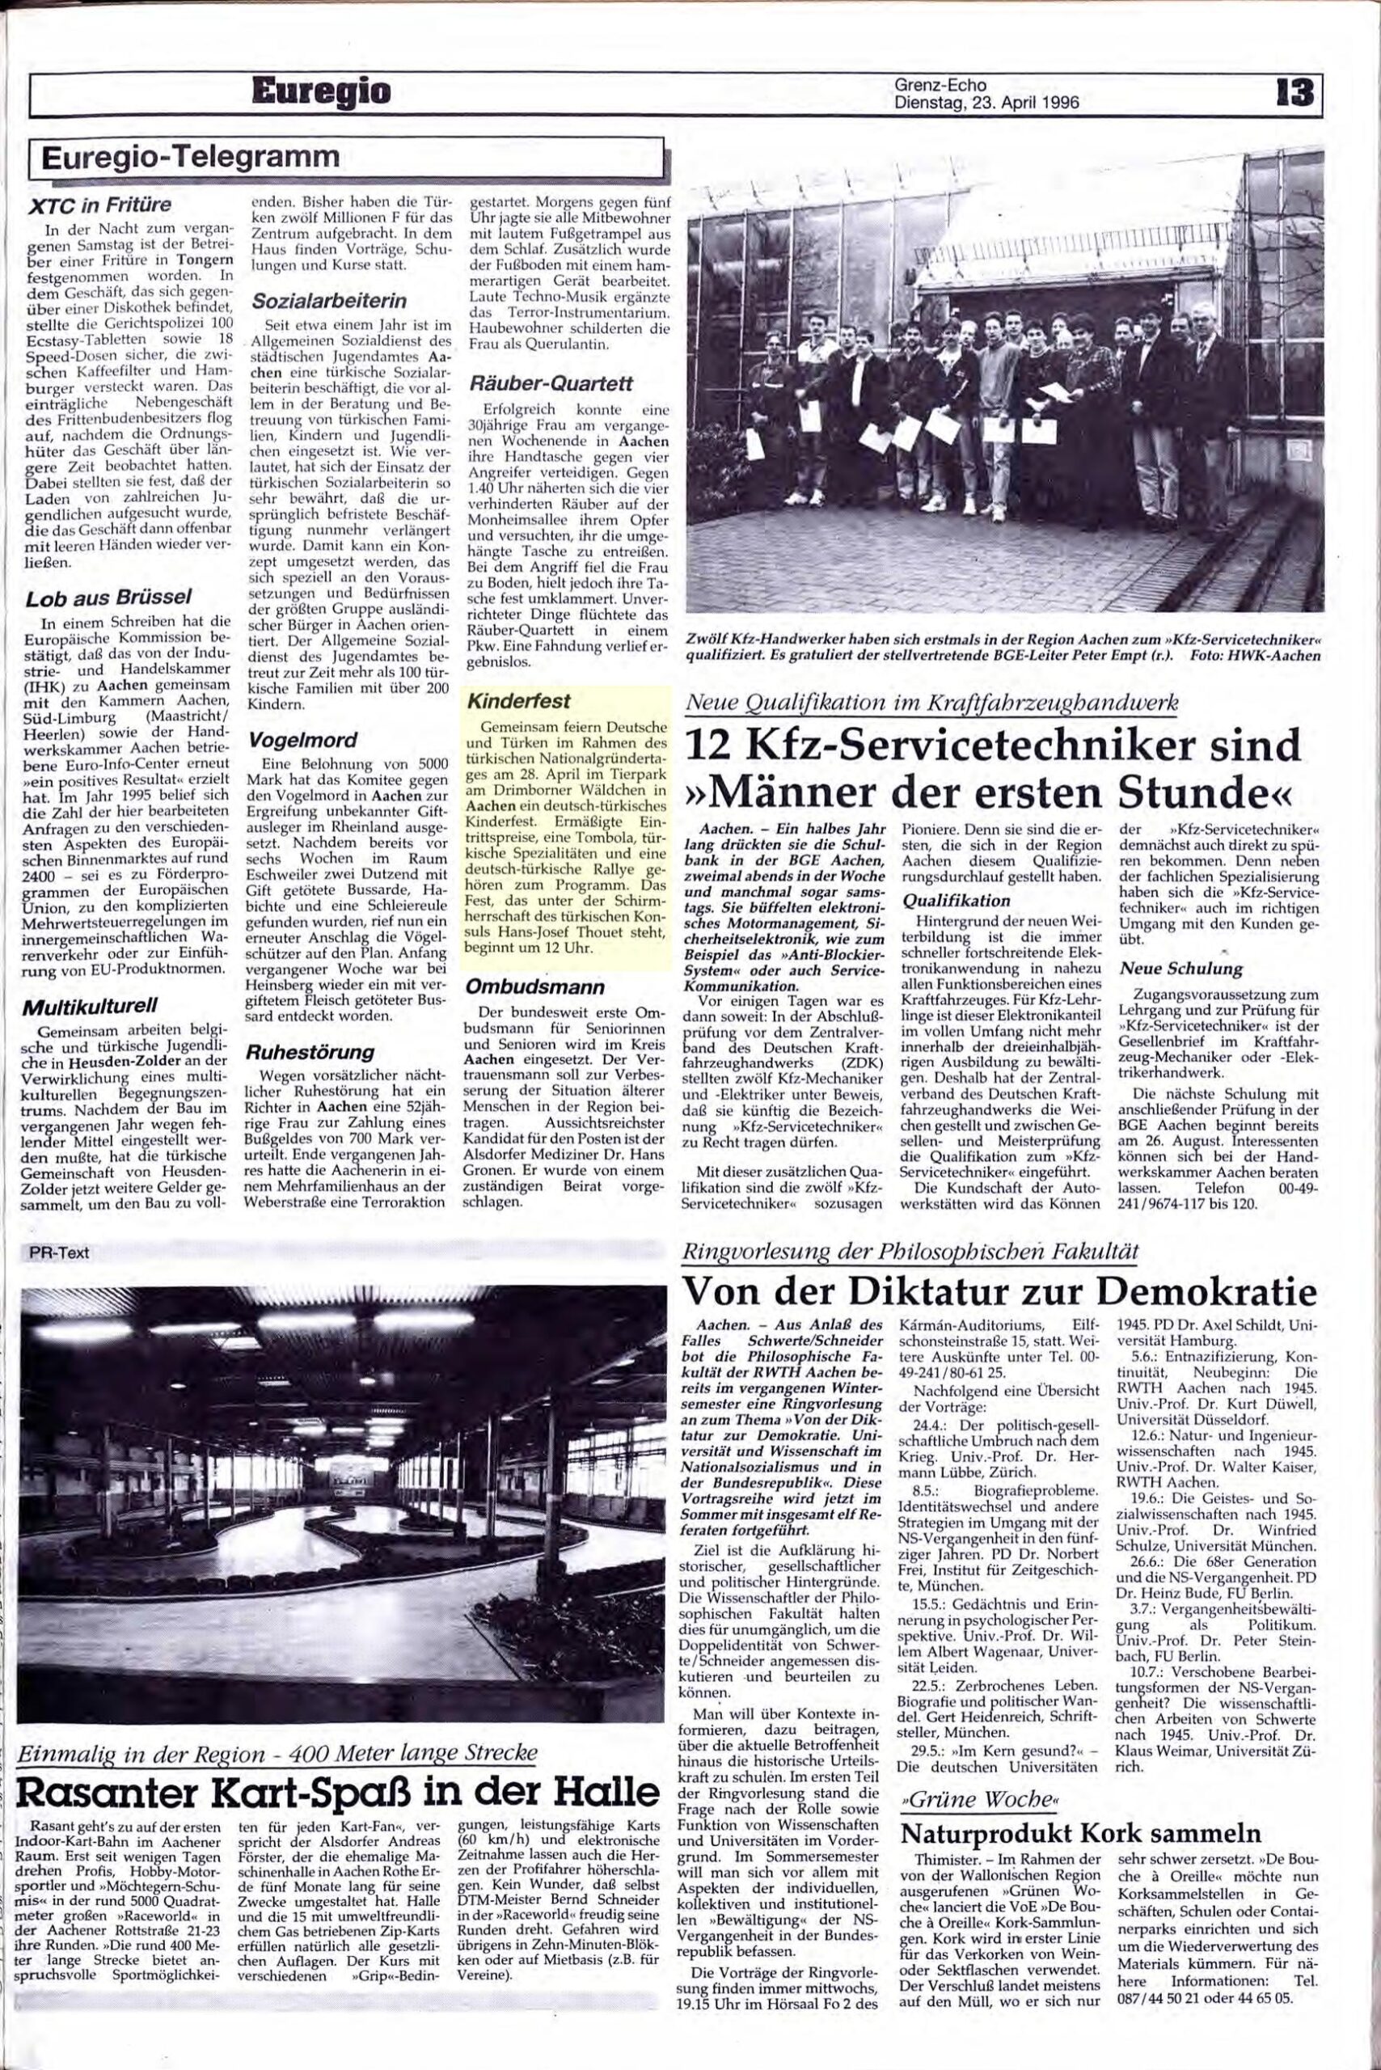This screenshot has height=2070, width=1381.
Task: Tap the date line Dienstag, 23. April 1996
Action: click(x=986, y=101)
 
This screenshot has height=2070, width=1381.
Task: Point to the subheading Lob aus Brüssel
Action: click(x=109, y=598)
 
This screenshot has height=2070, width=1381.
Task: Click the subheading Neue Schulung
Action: click(x=1180, y=968)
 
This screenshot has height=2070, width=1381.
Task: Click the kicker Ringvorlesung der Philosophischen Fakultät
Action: click(x=911, y=1252)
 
